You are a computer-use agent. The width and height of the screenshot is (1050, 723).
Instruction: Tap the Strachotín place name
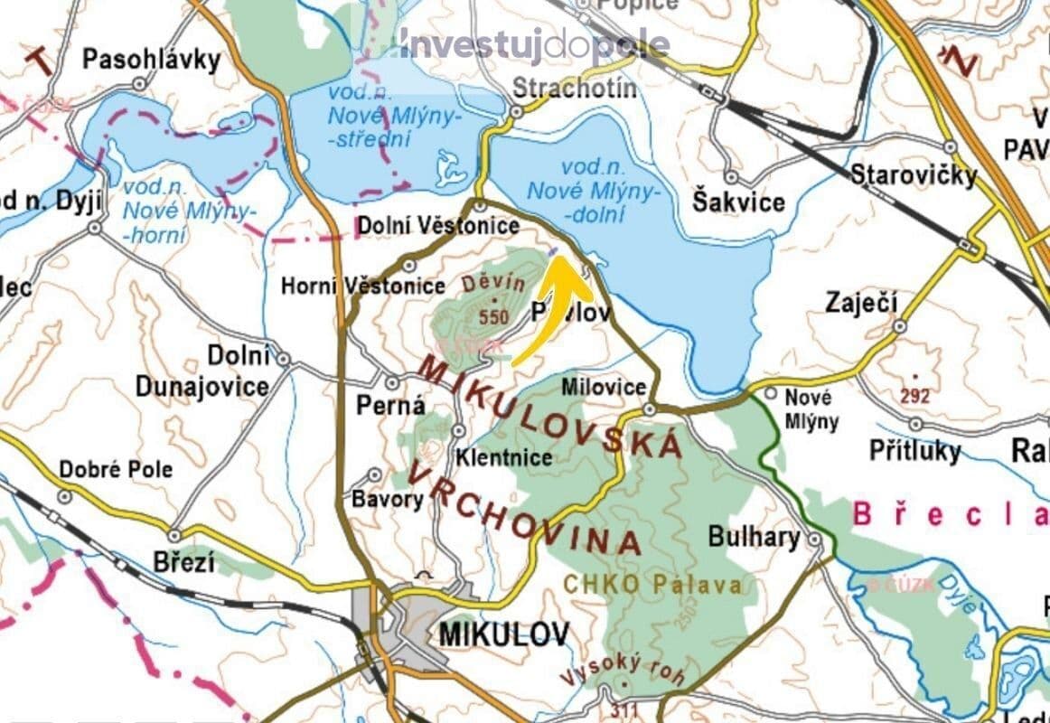575,88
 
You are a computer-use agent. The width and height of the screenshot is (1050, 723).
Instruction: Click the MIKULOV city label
503,634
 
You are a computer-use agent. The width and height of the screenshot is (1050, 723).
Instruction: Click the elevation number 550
494,317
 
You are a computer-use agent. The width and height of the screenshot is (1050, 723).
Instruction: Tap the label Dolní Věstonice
438,226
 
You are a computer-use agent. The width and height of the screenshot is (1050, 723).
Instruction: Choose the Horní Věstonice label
363,286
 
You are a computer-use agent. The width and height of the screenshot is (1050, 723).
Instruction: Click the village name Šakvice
738,202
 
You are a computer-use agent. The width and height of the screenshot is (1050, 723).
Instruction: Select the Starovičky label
913,174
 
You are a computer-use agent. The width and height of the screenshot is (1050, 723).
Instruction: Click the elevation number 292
914,394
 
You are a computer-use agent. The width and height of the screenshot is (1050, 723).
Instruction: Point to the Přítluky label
914,450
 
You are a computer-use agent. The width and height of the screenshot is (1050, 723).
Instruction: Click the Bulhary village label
754,538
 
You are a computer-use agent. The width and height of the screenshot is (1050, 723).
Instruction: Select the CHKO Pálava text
653,585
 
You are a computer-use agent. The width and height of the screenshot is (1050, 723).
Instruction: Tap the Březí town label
184,562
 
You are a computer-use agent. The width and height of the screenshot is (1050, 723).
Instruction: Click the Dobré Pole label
116,470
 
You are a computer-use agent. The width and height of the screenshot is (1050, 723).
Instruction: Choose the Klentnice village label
504,457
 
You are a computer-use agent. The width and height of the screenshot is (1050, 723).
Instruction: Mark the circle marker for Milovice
651,410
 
